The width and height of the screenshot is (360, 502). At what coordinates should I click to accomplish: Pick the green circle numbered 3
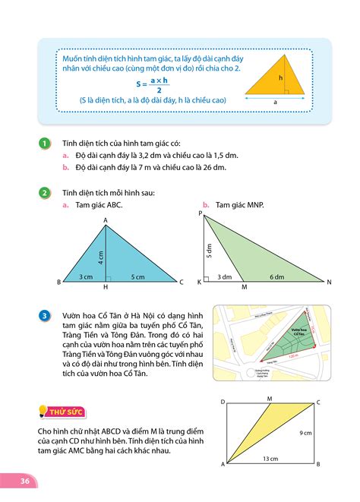pyautogui.click(x=45, y=316)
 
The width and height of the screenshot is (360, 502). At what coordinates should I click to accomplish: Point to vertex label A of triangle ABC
pyautogui.click(x=106, y=220)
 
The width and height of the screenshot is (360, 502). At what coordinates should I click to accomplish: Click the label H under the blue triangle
pyautogui.click(x=106, y=287)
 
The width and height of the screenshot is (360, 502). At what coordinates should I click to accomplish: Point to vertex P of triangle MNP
pyautogui.click(x=201, y=215)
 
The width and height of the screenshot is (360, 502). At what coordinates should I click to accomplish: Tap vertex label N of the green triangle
pyautogui.click(x=330, y=282)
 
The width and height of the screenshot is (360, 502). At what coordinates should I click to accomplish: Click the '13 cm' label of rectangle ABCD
pyautogui.click(x=271, y=458)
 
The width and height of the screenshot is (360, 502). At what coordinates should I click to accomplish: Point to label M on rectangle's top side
pyautogui.click(x=269, y=397)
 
